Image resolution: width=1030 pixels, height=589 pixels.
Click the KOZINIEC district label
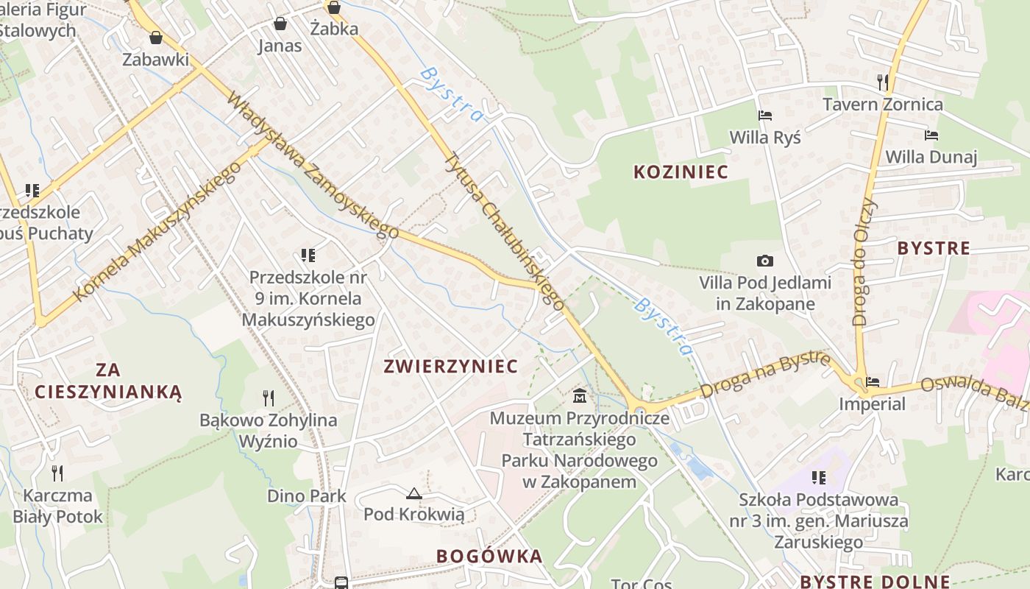[x=681, y=172]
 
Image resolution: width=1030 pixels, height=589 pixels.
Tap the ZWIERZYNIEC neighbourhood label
[x=451, y=367]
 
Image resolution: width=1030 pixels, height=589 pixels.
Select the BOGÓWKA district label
[x=489, y=556]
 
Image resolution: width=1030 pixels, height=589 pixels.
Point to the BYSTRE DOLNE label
[x=875, y=581]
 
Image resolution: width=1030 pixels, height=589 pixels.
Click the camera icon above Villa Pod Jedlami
[x=765, y=261]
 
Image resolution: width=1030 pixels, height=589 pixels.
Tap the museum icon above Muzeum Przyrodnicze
[x=580, y=396]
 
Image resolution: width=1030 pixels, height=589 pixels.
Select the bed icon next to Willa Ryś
[x=765, y=116]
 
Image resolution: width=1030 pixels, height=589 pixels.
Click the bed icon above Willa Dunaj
[x=931, y=135]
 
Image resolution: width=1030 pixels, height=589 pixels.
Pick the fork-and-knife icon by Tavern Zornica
[x=883, y=82]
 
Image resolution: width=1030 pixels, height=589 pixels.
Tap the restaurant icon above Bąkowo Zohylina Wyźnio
[x=269, y=398]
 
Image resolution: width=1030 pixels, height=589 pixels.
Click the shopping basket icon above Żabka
[x=334, y=8]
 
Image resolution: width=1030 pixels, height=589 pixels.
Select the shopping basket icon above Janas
[x=280, y=24]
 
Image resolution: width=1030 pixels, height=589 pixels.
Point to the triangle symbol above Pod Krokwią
[x=414, y=493]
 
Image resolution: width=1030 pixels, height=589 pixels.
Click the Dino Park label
[x=307, y=495]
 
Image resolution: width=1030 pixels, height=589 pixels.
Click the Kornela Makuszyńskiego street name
[x=157, y=233]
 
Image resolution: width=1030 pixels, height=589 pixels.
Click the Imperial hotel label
[x=872, y=403]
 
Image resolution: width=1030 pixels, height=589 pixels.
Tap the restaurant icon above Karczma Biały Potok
[x=57, y=473]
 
